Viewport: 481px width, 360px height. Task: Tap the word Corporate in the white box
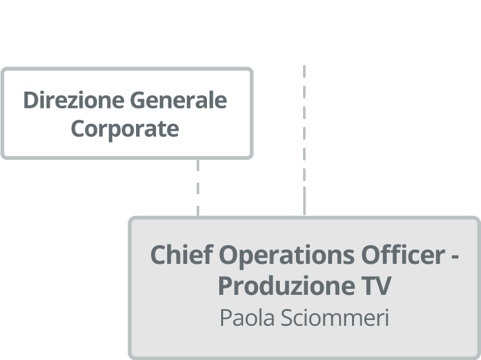point(124,128)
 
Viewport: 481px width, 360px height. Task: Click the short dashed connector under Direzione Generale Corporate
point(198,187)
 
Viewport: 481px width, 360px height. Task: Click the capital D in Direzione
point(30,101)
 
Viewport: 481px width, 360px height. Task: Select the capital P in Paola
point(226,318)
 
